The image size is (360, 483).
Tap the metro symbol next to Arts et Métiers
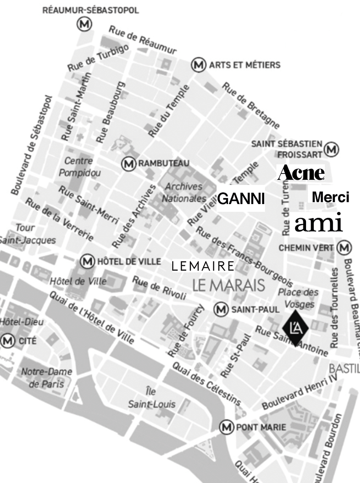tap(198, 65)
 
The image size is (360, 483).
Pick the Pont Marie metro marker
tap(226, 427)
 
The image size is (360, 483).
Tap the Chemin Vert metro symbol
tap(344, 247)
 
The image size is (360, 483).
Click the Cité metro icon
tap(7, 341)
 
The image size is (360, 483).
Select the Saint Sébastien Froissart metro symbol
tap(332, 149)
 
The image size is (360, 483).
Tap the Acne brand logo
tap(301, 173)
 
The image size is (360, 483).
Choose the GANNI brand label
tap(241, 199)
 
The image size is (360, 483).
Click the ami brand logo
tap(318, 224)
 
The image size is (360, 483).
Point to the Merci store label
tap(330, 197)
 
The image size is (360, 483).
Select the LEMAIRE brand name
tap(202, 266)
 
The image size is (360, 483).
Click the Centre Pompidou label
tap(79, 167)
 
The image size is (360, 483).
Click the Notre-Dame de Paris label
tap(47, 378)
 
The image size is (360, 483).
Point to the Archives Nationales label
tap(184, 193)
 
